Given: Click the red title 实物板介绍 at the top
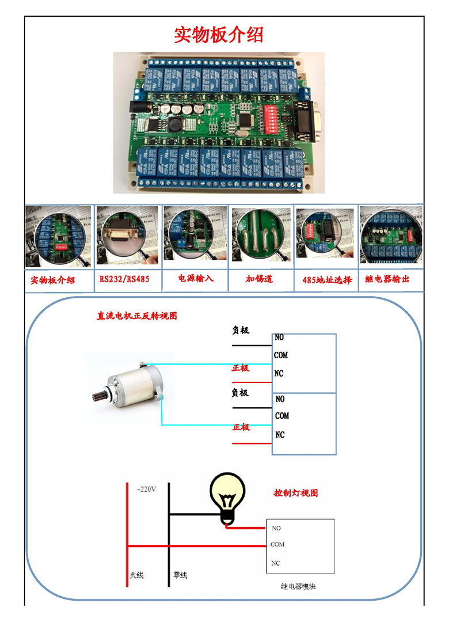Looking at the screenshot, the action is (x=219, y=35).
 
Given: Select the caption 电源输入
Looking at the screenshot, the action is (x=196, y=278).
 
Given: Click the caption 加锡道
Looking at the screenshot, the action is (x=259, y=279).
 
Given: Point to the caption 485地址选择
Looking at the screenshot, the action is (x=326, y=280).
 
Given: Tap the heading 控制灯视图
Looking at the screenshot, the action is (x=295, y=493).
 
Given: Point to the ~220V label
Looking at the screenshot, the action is (x=146, y=490).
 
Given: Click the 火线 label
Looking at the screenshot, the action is (x=136, y=575).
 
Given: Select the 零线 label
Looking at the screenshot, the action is (x=180, y=575).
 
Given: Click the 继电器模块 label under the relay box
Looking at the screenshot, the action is (x=298, y=586).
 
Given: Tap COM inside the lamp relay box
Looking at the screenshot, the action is (x=277, y=544).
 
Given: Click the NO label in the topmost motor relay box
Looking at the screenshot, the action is (x=279, y=337).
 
